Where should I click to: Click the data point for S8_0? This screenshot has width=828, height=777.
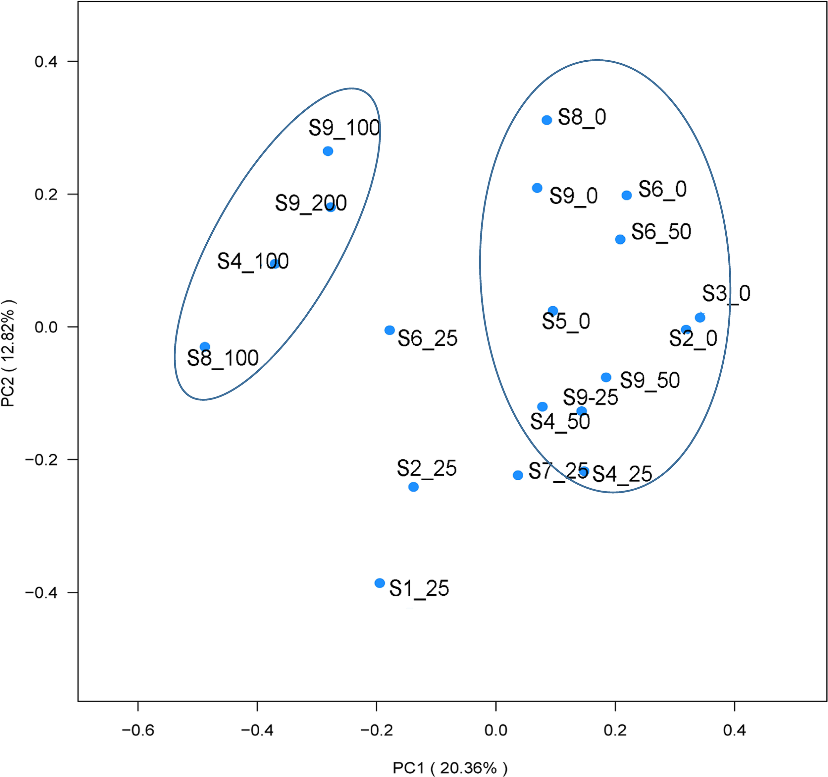coord(547,120)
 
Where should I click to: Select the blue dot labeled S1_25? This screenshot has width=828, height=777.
coord(380,583)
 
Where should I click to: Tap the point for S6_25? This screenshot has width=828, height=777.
coord(389,330)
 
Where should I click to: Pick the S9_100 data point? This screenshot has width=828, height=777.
coord(328,151)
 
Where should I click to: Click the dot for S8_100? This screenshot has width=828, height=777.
coord(204,346)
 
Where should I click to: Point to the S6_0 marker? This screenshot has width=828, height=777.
coord(626,195)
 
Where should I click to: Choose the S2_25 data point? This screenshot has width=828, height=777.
coord(413,487)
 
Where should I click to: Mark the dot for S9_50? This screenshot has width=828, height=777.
coord(606,377)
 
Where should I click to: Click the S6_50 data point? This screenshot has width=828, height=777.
coord(620,239)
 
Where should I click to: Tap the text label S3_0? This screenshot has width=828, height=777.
coord(726,293)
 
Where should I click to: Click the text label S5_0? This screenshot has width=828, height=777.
coord(566,322)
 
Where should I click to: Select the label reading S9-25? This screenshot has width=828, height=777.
coord(590,397)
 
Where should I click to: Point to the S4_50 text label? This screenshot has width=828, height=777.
coord(560,422)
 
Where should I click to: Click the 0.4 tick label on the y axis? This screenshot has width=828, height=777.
coord(46,62)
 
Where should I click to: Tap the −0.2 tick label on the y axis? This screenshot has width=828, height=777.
coord(41,460)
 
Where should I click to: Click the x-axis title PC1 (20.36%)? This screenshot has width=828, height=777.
coord(450,767)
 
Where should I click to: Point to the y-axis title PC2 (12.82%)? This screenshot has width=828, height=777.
coord(8,353)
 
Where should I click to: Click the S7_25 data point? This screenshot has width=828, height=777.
coord(518,475)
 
